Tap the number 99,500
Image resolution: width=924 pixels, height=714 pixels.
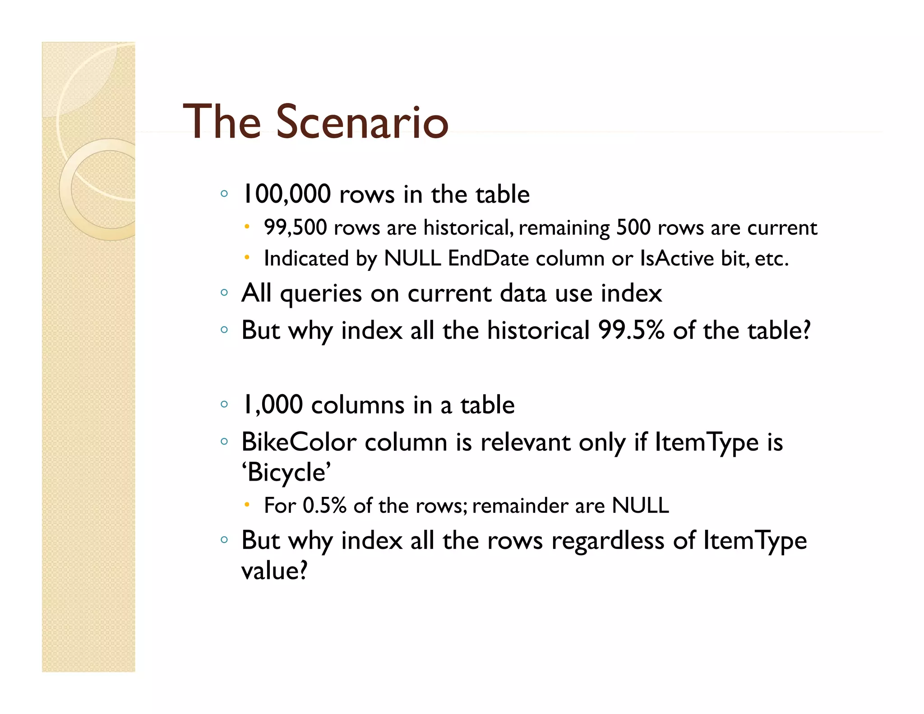point(295,227)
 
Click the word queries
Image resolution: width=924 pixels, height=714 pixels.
point(321,294)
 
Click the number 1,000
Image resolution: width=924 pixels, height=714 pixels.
point(273,404)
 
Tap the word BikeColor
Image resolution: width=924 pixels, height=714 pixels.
point(299,442)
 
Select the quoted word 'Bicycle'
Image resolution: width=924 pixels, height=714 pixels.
point(286,473)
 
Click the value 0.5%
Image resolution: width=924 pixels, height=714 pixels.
point(324,505)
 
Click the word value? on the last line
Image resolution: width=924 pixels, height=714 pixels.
point(274,570)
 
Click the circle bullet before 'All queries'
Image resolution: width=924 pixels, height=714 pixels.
point(224,293)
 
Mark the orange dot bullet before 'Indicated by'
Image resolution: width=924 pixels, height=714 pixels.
point(247,258)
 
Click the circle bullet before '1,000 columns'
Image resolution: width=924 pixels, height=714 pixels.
point(224,404)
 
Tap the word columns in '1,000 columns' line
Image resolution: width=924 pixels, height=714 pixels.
point(358,404)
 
